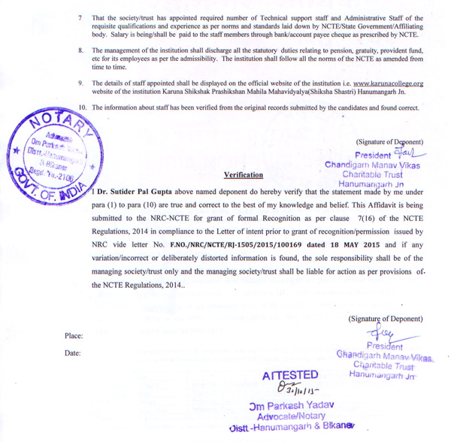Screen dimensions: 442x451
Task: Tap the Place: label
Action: [x=74, y=336]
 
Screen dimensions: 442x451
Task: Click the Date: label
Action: [x=73, y=353]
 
